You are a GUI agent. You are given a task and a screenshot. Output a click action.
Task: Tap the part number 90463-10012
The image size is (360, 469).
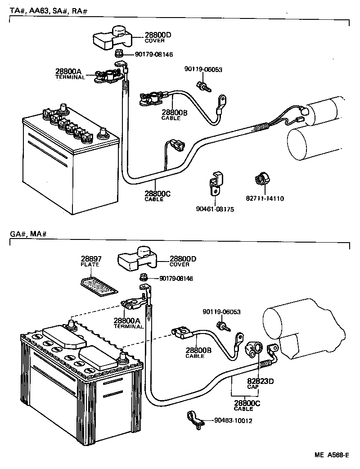[x=233, y=421]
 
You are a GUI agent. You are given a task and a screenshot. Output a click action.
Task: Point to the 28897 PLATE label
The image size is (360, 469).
[x=91, y=262]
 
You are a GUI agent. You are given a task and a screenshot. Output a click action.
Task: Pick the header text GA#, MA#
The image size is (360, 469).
[x=28, y=234]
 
